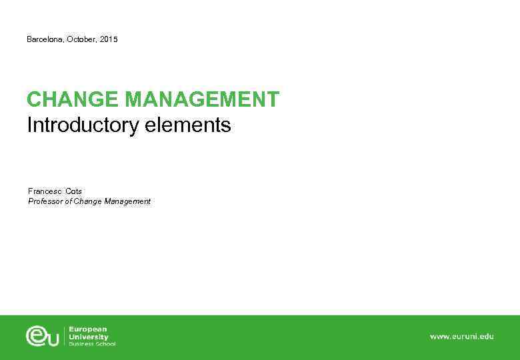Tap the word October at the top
81,40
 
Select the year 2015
109,40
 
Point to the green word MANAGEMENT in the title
202,100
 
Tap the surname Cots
74,191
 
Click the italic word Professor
45,201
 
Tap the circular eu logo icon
43,335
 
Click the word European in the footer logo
88,329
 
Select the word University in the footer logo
89,337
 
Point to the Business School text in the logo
92,344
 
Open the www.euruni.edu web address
461,337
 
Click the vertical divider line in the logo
65,336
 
